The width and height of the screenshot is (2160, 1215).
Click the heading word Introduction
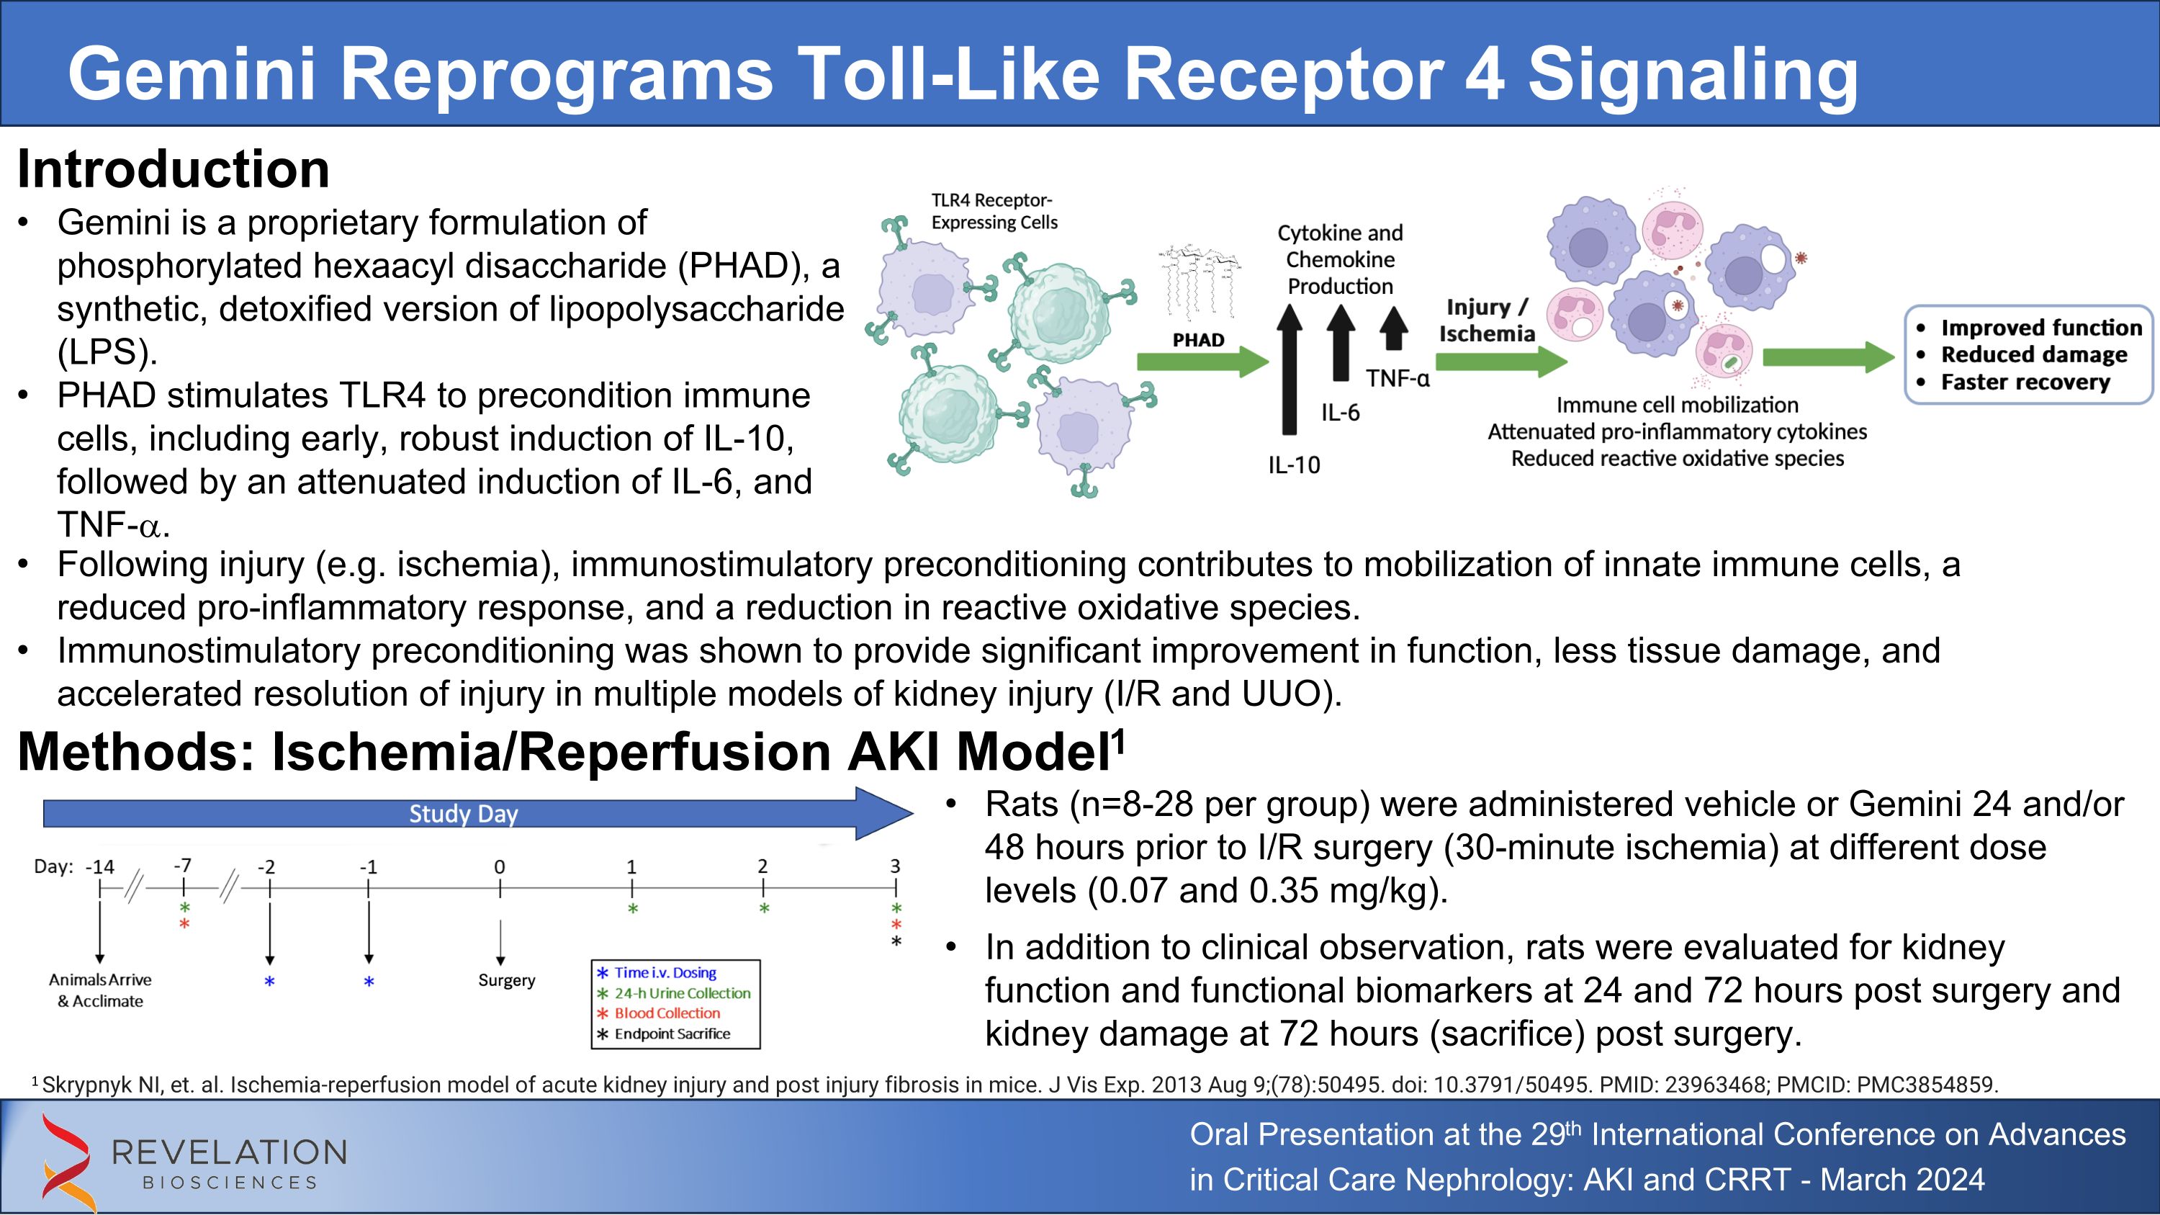[x=173, y=169]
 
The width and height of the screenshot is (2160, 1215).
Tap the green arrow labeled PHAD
[x=1202, y=362]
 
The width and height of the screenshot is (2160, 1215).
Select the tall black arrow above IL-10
[x=1290, y=369]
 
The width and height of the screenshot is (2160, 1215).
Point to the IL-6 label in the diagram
[x=1340, y=413]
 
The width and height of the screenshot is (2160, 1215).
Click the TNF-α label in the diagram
[x=1397, y=379]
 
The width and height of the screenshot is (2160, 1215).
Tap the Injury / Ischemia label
[x=1487, y=320]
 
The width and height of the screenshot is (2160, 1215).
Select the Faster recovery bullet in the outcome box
[x=2024, y=382]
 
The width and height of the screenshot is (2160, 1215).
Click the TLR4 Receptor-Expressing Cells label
[x=994, y=211]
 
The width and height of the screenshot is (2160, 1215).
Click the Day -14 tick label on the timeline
[x=100, y=867]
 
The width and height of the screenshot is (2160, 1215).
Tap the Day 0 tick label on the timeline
[x=500, y=867]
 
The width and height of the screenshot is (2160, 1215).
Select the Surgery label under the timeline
[x=506, y=980]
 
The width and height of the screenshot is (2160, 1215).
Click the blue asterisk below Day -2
[x=269, y=982]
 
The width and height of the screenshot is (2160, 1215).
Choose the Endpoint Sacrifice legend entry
[x=672, y=1034]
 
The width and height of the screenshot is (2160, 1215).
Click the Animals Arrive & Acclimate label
[x=100, y=990]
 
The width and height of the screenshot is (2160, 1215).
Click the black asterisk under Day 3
[x=896, y=941]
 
